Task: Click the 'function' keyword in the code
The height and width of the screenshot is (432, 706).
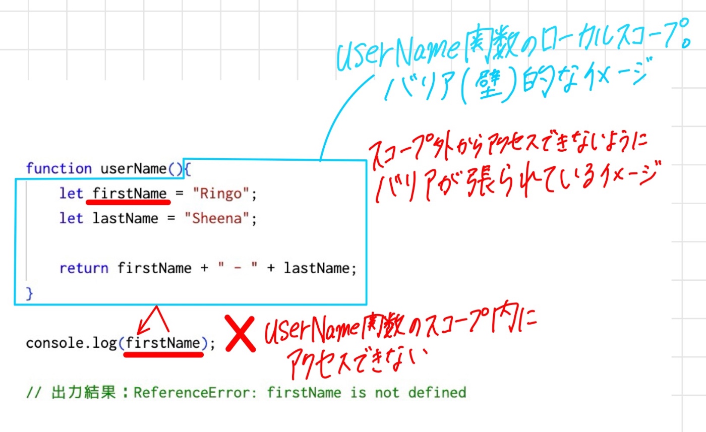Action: pos(58,168)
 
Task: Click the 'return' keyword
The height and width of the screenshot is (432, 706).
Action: pos(84,268)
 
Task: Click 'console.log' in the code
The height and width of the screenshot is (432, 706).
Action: pos(72,343)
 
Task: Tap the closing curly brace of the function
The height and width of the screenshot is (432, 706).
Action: pos(29,293)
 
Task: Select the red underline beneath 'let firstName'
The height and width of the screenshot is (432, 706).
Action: pos(128,203)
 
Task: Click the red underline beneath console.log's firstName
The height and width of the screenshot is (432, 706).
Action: pos(164,354)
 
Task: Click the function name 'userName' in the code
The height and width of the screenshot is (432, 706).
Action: pos(133,168)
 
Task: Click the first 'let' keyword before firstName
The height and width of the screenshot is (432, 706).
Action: pos(71,194)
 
